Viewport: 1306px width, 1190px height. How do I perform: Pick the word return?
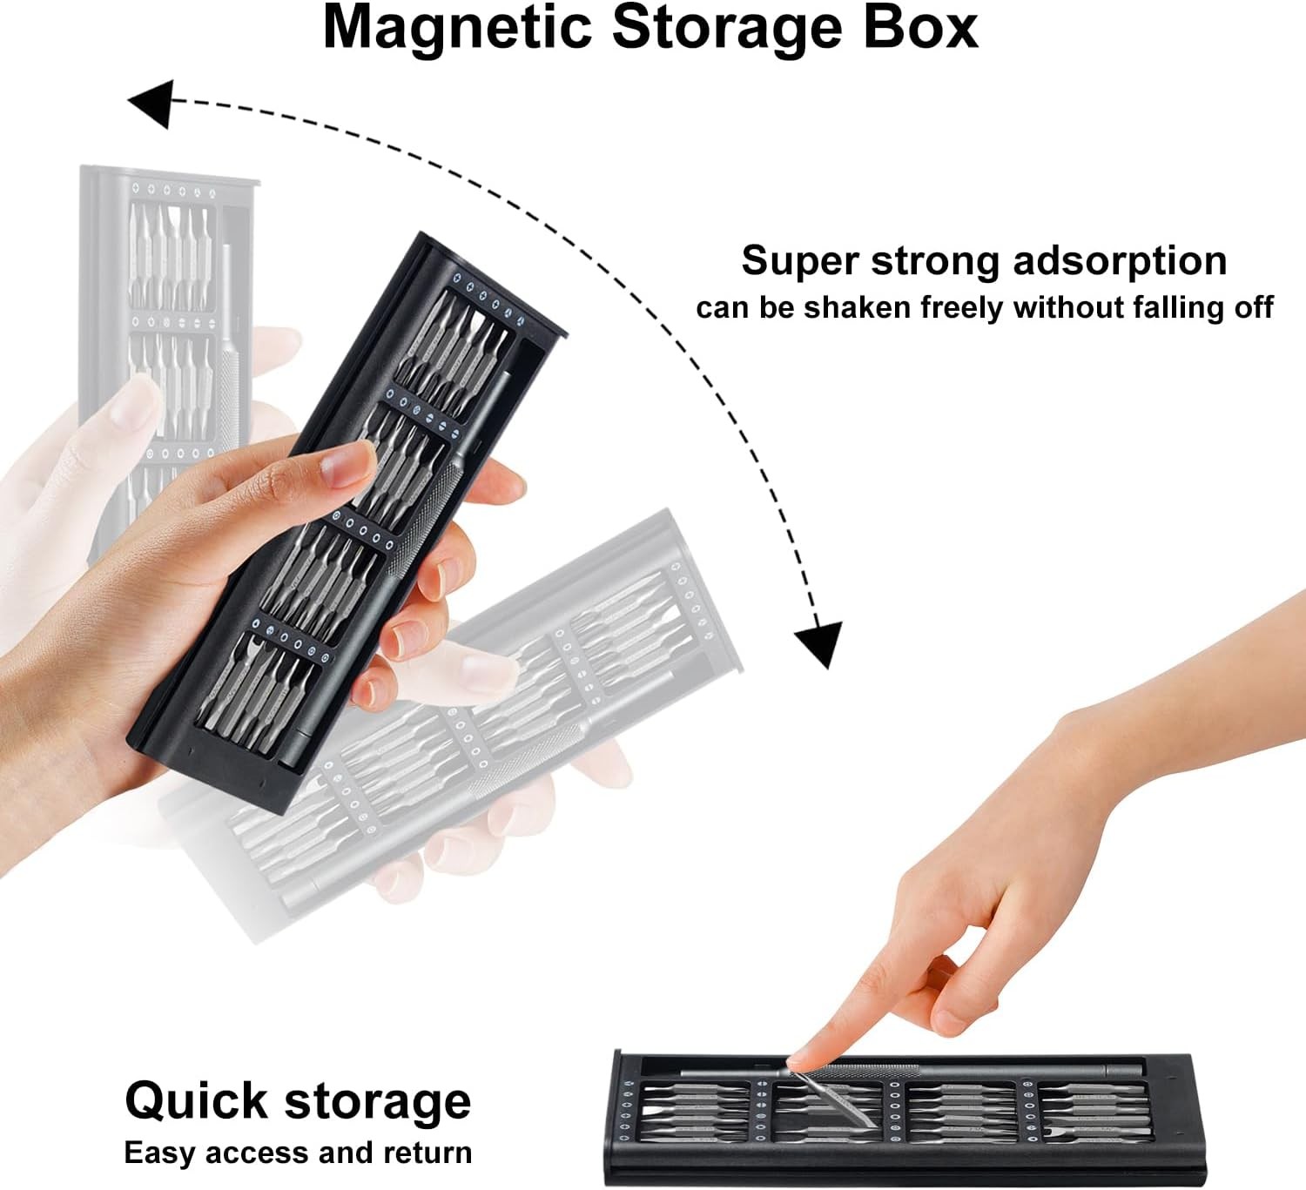pyautogui.click(x=428, y=1153)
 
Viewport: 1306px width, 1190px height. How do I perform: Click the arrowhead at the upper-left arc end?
pyautogui.click(x=151, y=103)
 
